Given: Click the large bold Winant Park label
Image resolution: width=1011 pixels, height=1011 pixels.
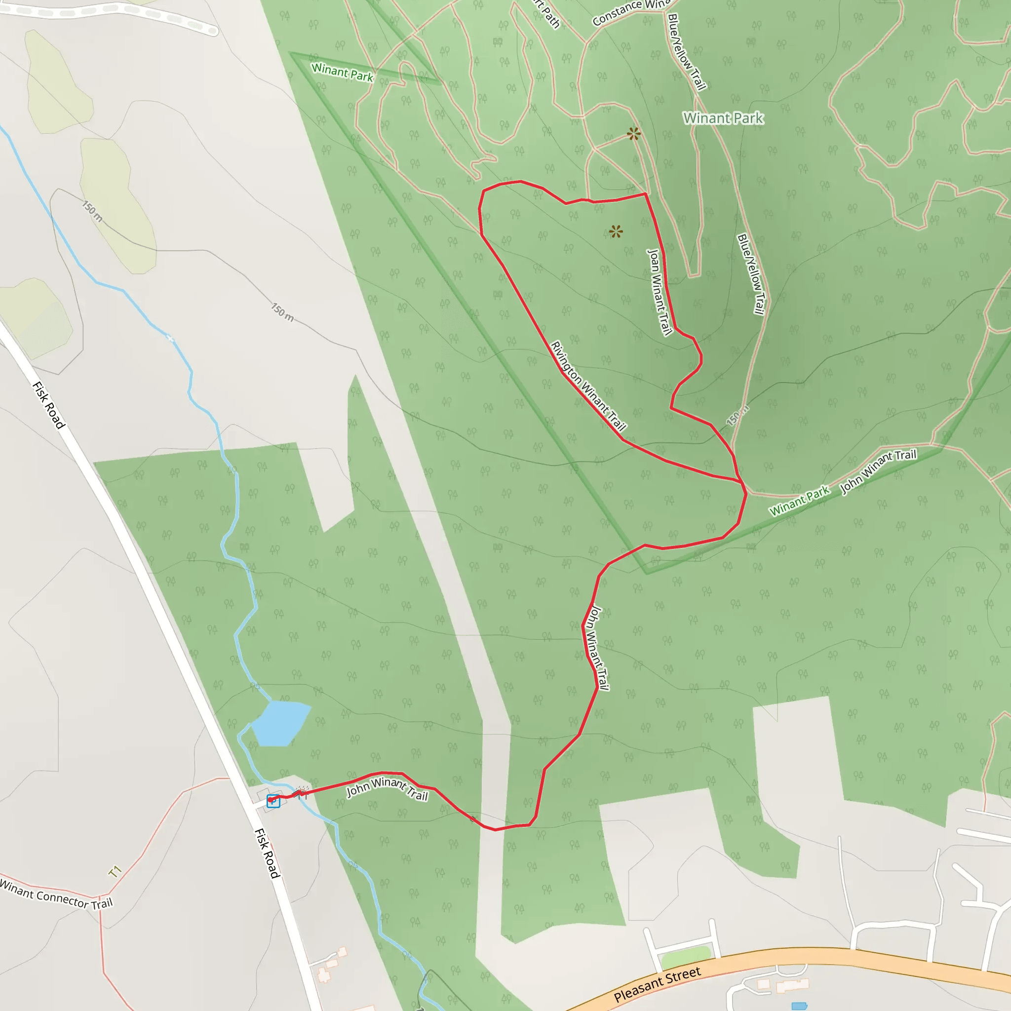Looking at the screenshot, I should click(723, 118).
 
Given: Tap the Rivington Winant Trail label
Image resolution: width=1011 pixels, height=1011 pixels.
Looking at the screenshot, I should click(587, 385).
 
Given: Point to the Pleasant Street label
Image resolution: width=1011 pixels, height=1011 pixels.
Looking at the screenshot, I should click(657, 984).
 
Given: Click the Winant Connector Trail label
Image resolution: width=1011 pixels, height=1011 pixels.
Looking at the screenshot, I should click(56, 895).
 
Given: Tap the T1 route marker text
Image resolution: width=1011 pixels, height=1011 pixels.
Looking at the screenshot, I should click(115, 871).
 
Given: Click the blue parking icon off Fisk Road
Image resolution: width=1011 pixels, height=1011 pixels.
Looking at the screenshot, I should click(273, 801).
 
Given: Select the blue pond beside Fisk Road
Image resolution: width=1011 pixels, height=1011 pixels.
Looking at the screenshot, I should click(280, 723).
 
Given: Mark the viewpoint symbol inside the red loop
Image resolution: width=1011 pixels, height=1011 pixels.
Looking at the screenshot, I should click(616, 232).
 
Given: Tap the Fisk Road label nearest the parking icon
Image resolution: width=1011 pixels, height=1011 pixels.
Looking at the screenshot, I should click(268, 853).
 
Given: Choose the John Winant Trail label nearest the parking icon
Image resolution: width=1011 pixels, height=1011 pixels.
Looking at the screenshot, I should click(387, 788).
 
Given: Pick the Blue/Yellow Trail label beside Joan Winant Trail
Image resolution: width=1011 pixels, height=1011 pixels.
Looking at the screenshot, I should click(751, 274).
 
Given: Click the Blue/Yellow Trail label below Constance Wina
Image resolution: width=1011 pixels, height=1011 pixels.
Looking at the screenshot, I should click(687, 51).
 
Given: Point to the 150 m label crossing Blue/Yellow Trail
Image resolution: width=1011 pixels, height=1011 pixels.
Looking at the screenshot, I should click(737, 416).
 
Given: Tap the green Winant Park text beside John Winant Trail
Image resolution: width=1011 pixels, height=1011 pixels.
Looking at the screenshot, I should click(799, 500).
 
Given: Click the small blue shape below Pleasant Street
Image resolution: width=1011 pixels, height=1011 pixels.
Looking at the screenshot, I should click(799, 1006).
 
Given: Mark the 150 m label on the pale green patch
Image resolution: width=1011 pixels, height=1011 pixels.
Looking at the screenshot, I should click(93, 210).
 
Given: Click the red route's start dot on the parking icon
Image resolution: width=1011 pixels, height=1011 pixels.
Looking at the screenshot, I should click(270, 800).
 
